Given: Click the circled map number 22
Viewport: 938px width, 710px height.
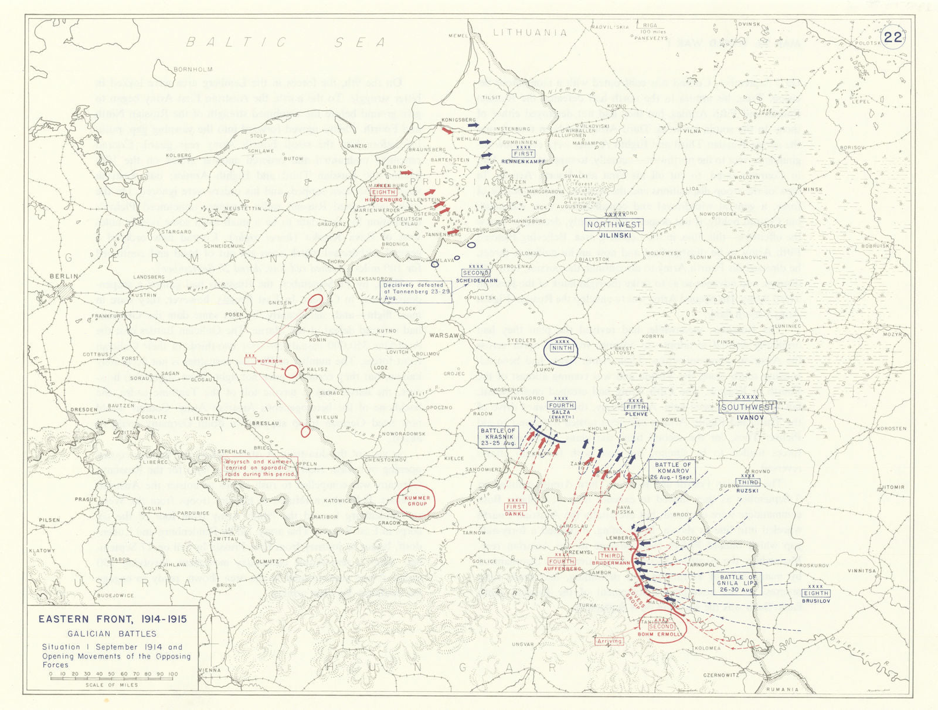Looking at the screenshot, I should [893, 37].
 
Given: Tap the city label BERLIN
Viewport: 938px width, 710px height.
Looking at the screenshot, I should [63, 276].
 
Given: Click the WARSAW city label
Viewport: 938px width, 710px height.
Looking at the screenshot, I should [444, 336].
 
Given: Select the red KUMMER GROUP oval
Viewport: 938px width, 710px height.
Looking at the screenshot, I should [417, 501].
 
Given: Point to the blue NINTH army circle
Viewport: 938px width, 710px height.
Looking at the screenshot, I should [562, 349].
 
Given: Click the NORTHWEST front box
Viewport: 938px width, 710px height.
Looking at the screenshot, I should [614, 225].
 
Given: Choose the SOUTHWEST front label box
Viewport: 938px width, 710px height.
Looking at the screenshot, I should [747, 407].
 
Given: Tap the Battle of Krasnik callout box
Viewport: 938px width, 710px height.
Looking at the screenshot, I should [498, 437].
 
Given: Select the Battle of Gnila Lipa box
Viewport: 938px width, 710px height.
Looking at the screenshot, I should [737, 583].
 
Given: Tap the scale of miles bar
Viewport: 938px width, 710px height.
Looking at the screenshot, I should [111, 674].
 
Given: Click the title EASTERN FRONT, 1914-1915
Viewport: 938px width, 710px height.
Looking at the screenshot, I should [113, 619].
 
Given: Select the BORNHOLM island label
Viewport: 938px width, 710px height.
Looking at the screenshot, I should [193, 69].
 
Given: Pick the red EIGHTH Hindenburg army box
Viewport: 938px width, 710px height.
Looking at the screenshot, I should [384, 192].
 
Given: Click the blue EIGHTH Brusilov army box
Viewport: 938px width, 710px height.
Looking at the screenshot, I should [815, 593].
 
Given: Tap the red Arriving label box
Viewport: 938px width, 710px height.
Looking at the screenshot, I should [609, 641].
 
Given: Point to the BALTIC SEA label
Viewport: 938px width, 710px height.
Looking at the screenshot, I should [286, 42].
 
